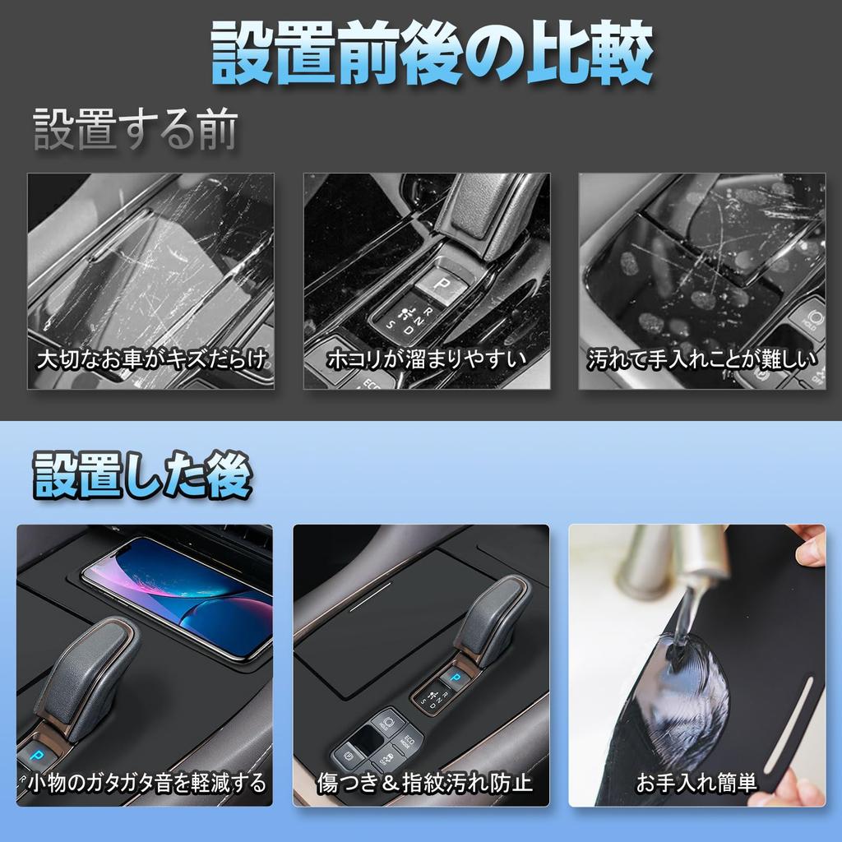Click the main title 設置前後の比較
click(431, 54)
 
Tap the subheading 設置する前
click(136, 131)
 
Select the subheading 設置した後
click(142, 477)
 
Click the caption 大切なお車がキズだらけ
click(154, 360)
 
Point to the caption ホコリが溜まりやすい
click(426, 360)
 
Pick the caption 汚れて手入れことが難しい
click(701, 360)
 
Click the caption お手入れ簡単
click(696, 783)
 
